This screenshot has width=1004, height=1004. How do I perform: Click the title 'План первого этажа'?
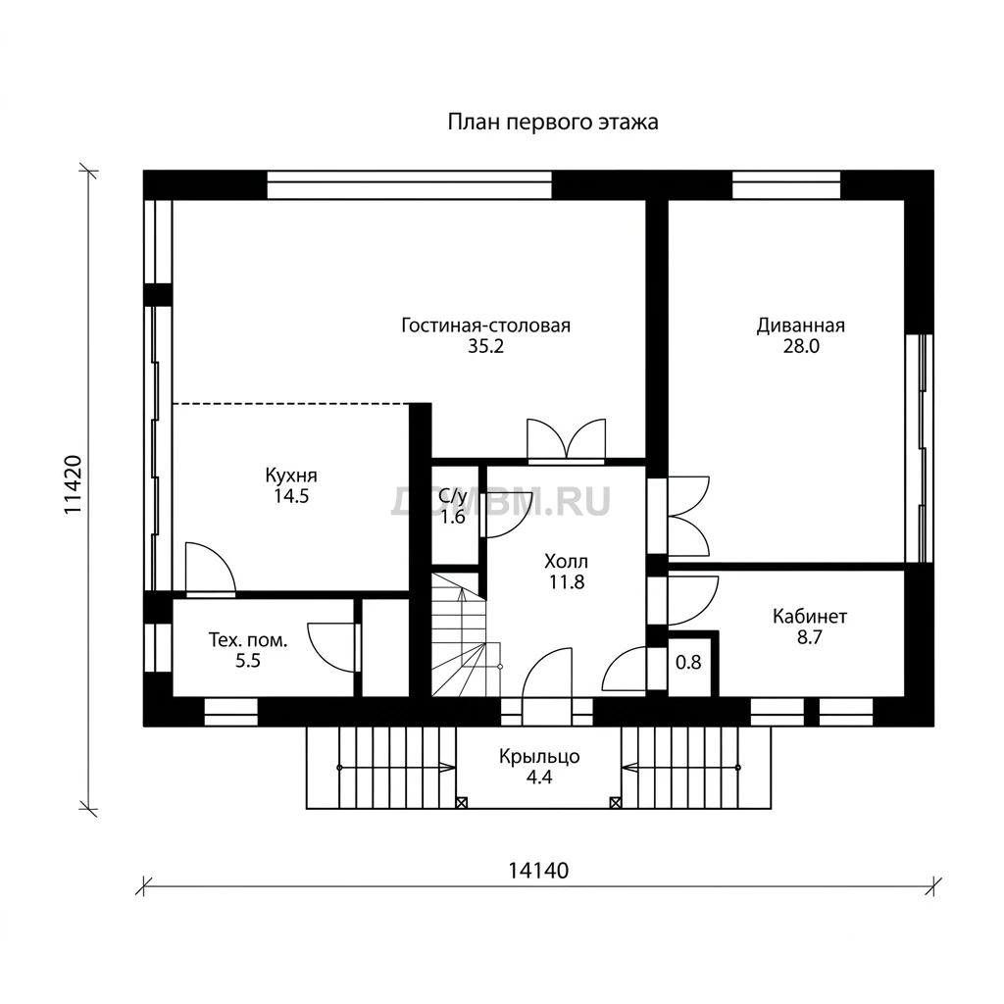[553, 122]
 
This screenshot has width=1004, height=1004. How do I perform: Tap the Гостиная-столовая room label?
[485, 326]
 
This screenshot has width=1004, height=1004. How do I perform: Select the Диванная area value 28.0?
[800, 346]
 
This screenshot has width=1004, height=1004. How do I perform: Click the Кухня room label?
[291, 476]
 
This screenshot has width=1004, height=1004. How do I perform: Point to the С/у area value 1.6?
[453, 517]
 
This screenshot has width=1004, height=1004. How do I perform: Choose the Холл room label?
[566, 562]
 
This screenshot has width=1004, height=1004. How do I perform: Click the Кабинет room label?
[809, 617]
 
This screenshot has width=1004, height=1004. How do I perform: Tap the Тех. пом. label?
[248, 639]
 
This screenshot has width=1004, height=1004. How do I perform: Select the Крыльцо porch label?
[539, 756]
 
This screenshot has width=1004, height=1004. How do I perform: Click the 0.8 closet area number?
[688, 662]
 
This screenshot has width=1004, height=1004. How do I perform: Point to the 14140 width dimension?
[538, 871]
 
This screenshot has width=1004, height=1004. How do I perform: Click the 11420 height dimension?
[73, 484]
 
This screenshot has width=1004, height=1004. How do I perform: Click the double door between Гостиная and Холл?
[566, 440]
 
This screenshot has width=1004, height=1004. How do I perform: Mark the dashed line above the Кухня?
[291, 403]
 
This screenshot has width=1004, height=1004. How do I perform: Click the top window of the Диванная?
[786, 184]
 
